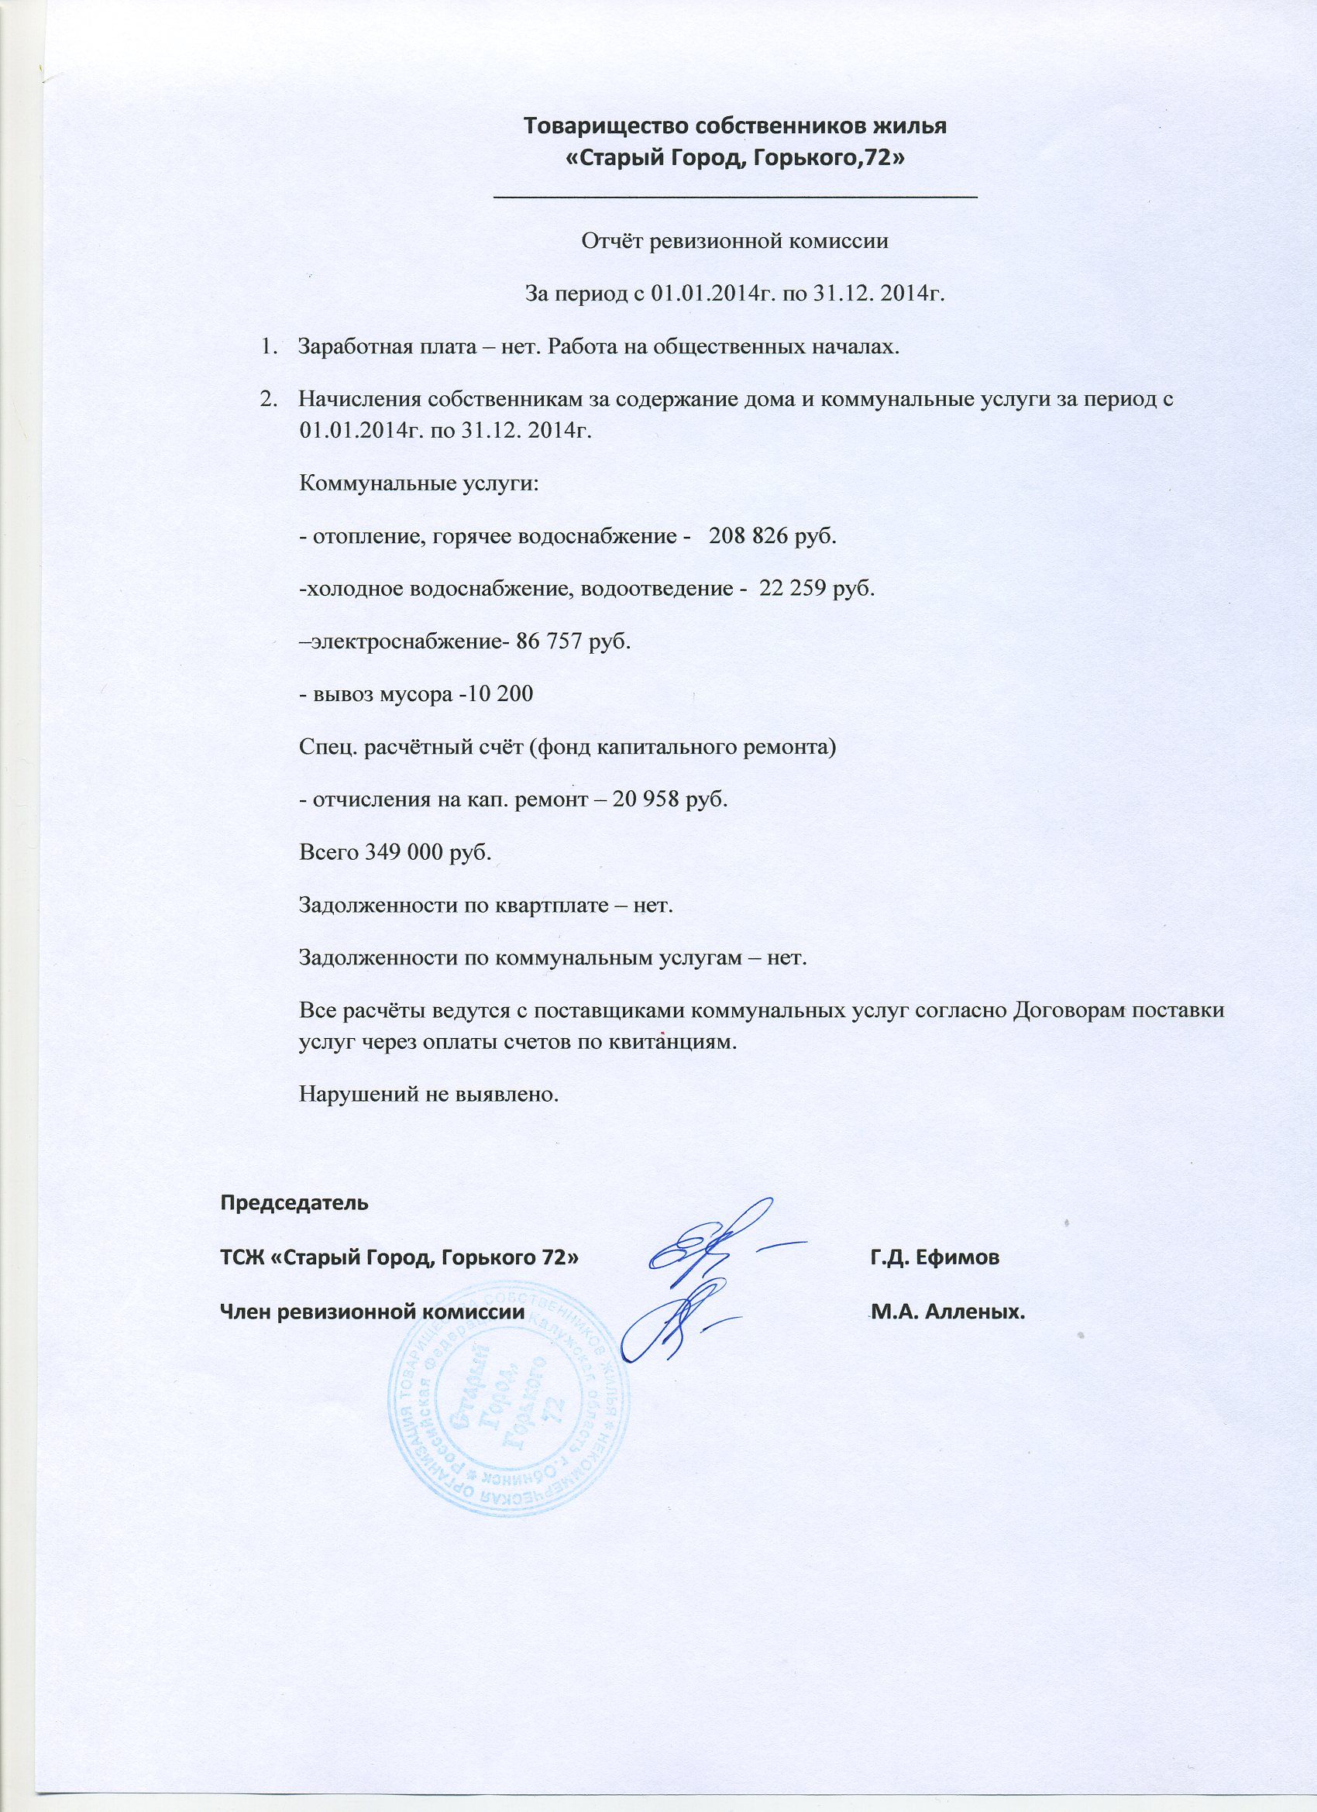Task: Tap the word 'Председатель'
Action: tap(294, 1203)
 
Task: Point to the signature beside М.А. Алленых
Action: tap(679, 1319)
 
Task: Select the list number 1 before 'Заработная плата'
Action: tap(266, 349)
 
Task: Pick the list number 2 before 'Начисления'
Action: tap(266, 401)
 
